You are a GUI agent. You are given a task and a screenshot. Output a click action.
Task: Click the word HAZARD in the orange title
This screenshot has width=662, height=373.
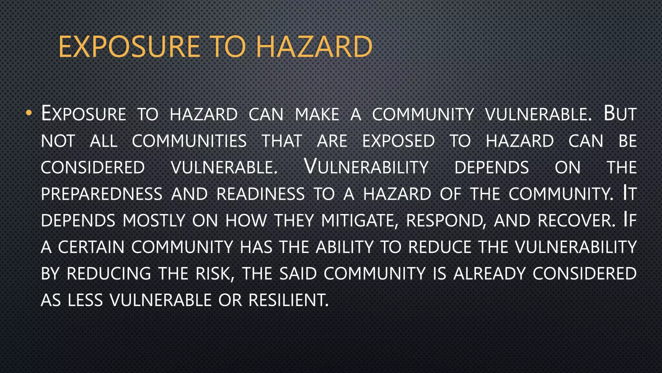[x=314, y=47]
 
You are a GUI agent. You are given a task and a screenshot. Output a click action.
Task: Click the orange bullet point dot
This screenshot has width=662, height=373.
[x=29, y=113]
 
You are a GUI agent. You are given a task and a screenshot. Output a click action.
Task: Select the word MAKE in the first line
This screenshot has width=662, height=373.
[x=317, y=114]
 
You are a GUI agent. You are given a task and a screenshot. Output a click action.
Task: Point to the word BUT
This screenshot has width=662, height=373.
[x=620, y=114]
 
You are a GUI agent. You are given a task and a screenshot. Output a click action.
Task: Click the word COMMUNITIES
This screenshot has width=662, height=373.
[x=189, y=141]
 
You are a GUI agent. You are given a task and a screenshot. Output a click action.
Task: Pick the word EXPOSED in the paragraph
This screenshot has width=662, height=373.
[x=398, y=141]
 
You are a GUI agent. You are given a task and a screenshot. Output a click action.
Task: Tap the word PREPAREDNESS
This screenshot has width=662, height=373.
[x=101, y=194]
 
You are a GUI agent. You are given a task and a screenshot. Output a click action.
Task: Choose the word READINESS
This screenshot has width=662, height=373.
[x=261, y=194]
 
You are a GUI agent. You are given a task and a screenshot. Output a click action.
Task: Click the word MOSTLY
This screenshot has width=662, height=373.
[x=154, y=220]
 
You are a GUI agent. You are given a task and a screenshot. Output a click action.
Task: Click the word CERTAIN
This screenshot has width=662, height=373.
[x=91, y=247]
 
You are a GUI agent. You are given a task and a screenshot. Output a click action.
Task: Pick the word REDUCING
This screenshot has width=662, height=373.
[x=109, y=274]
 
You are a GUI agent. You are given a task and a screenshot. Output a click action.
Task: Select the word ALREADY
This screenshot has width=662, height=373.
[x=489, y=274]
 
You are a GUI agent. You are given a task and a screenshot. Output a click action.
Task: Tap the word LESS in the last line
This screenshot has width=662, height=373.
[x=85, y=300]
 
